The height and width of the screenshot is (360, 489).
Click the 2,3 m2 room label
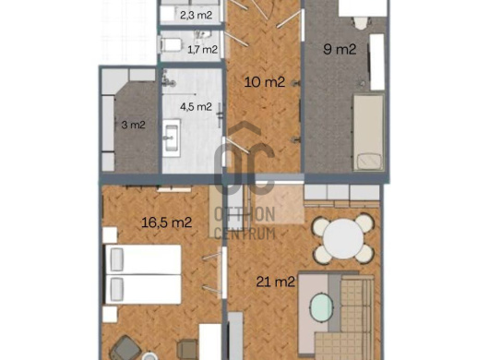pos(197,15)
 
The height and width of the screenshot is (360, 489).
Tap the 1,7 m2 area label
pos(202,49)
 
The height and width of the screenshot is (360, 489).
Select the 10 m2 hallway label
pos(265,82)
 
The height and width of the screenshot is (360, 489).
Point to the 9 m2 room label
pos(340,49)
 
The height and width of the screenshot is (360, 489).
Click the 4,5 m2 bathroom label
pos(196,107)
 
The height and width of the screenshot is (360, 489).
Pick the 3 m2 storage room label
pos(133,125)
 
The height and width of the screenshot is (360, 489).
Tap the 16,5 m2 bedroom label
pos(166,222)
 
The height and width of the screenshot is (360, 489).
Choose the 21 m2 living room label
pos(275,282)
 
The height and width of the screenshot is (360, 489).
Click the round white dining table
pos(343,239)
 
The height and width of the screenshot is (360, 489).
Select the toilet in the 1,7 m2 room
pos(171,44)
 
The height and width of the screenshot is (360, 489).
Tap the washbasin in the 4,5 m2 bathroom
pos(172,138)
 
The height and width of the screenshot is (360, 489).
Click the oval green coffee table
pos(321,306)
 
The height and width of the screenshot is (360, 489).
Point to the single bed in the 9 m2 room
pos(368,133)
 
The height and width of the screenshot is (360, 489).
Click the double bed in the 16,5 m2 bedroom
pos(142,274)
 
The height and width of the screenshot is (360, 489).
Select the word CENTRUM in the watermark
pos(245,233)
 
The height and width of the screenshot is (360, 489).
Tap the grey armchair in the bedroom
pos(125,348)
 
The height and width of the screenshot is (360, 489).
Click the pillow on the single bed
pos(369,162)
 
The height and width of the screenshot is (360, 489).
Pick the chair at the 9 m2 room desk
pos(361,23)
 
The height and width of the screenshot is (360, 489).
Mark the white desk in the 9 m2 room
pos(363,7)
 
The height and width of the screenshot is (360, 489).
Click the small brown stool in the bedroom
pos(187,348)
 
